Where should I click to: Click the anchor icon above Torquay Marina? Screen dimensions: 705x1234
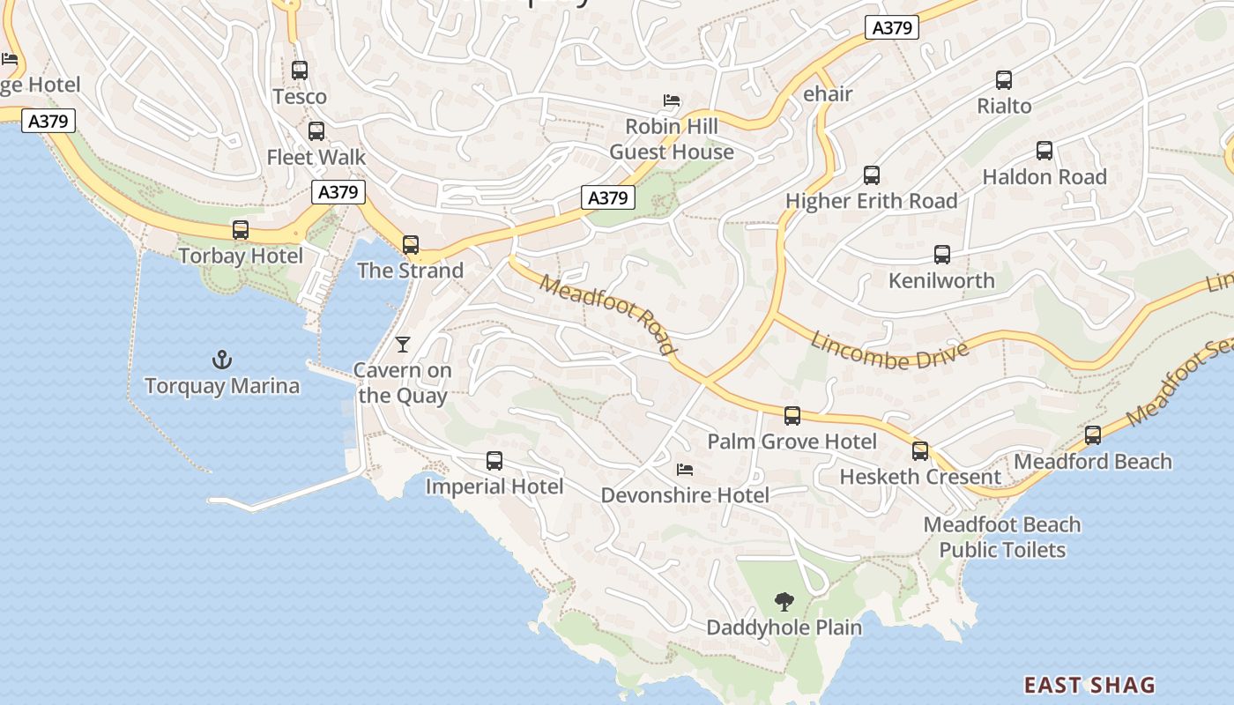click(222, 360)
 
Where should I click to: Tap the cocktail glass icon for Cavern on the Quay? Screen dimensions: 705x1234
click(403, 345)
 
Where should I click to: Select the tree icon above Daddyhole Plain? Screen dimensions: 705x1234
click(784, 602)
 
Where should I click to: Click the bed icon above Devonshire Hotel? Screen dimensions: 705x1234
click(685, 470)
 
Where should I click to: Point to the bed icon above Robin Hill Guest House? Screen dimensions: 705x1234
click(672, 100)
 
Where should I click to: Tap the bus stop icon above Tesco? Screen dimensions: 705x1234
click(300, 70)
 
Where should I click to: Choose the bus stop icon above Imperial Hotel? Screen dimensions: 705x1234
click(494, 461)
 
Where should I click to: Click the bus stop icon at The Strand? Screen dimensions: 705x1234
click(411, 245)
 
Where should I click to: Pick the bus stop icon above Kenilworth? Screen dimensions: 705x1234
click(941, 256)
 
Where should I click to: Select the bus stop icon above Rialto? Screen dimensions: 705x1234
click(1004, 80)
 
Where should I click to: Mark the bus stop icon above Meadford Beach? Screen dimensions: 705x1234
click(1093, 435)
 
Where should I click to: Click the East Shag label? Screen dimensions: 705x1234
click(1089, 685)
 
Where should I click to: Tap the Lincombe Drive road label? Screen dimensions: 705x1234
click(889, 351)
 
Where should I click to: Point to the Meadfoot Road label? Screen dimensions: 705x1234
click(609, 315)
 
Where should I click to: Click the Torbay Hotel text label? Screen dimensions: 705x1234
click(241, 256)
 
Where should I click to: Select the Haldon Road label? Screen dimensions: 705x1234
click(1044, 177)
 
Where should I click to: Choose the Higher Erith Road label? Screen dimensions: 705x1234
click(871, 201)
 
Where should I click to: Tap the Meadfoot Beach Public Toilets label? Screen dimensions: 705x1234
click(1002, 538)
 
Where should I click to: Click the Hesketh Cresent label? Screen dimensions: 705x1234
click(920, 478)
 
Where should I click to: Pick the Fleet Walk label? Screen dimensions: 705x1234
click(316, 158)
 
